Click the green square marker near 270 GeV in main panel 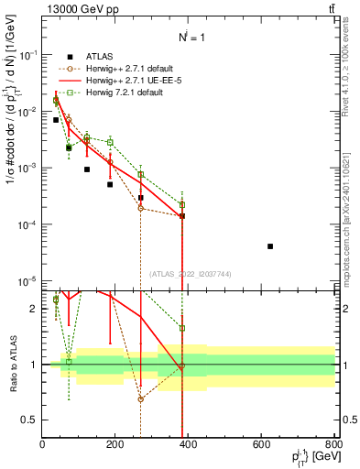point(141,174)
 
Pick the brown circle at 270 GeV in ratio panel point(141,399)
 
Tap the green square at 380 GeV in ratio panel point(182,328)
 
